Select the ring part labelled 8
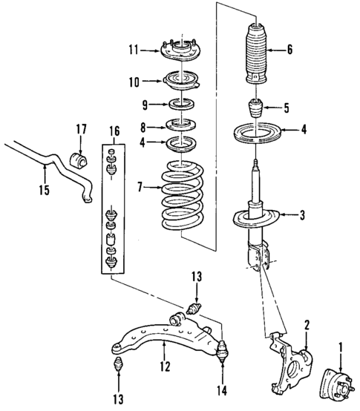click(180, 125)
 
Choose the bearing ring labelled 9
click(180, 103)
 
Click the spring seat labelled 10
click(180, 79)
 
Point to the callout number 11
click(134, 50)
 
